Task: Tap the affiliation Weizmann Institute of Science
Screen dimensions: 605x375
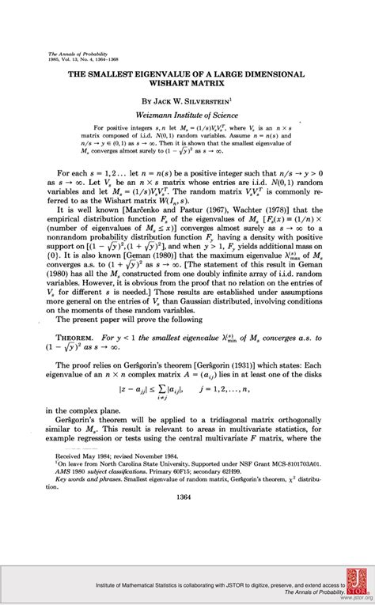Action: pos(189,115)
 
